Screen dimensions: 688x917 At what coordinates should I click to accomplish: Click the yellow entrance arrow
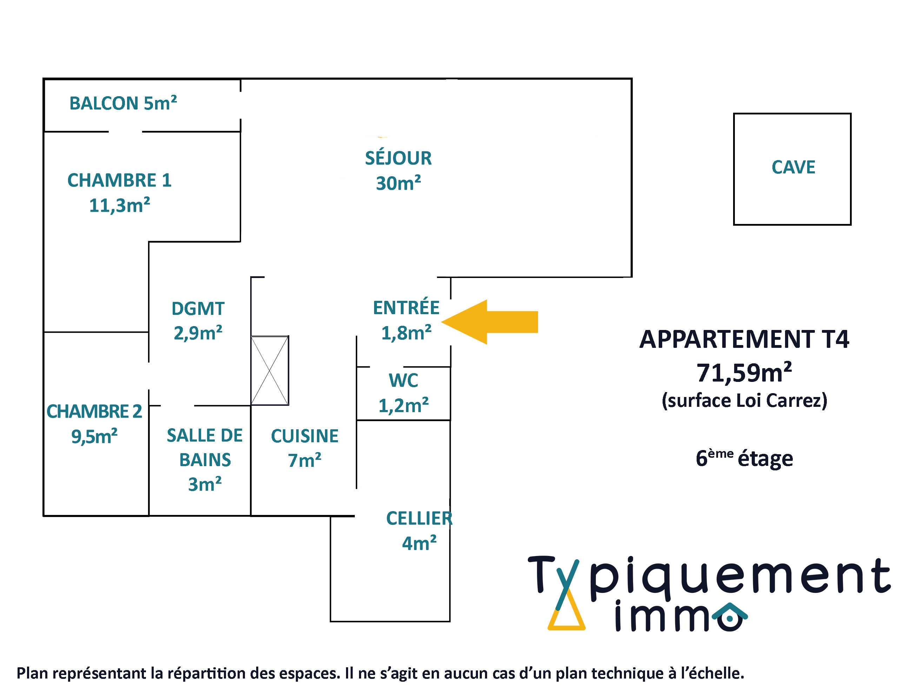click(493, 322)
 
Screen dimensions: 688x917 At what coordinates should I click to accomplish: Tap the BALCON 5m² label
click(123, 103)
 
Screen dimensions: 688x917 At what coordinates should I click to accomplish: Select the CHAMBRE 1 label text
click(119, 180)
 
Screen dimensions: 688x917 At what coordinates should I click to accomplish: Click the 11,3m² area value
click(119, 205)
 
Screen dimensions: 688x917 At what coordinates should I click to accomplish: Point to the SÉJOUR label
click(398, 158)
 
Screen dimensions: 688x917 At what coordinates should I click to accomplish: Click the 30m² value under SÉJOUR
click(398, 183)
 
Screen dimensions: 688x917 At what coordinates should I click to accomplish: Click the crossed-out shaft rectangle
click(270, 370)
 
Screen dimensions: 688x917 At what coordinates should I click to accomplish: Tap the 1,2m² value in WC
click(403, 405)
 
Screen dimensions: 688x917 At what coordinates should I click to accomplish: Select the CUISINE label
click(305, 436)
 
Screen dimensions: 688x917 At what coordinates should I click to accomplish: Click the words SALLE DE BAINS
click(205, 448)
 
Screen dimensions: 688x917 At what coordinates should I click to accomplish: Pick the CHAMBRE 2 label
click(94, 411)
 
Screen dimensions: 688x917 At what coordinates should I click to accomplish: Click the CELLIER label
click(419, 518)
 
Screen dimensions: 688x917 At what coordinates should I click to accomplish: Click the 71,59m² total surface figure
click(744, 372)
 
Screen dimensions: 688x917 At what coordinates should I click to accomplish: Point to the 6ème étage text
click(744, 458)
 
